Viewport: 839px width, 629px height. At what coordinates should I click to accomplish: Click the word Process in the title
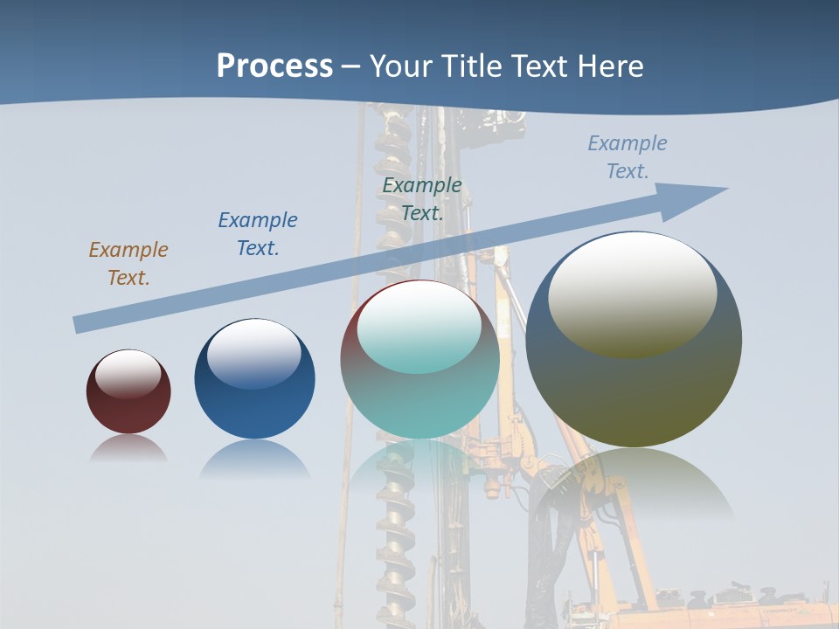pyautogui.click(x=274, y=66)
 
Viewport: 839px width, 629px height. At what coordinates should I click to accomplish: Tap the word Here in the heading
pyautogui.click(x=608, y=66)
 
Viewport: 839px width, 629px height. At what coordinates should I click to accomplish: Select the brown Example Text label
pyautogui.click(x=128, y=264)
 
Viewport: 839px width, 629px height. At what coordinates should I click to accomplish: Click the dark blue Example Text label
pyautogui.click(x=258, y=234)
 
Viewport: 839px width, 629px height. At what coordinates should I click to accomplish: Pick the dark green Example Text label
pyautogui.click(x=422, y=199)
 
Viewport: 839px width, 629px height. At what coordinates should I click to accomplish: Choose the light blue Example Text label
pyautogui.click(x=628, y=157)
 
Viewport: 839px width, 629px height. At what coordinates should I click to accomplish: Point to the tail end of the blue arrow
pyautogui.click(x=79, y=325)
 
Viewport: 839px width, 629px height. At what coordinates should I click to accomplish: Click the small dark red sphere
pyautogui.click(x=128, y=411)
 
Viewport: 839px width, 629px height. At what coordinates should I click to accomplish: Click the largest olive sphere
pyautogui.click(x=634, y=393)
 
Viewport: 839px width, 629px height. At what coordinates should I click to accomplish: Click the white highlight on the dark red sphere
pyautogui.click(x=128, y=374)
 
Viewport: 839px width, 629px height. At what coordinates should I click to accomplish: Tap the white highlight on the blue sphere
pyautogui.click(x=254, y=354)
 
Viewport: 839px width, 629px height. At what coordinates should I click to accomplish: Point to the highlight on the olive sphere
pyautogui.click(x=633, y=293)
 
